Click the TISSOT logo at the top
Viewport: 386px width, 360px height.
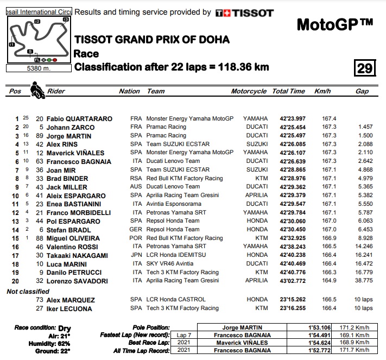tap(244, 12)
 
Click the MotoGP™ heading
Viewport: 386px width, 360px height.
tap(335, 25)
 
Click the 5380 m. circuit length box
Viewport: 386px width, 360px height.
tap(37, 68)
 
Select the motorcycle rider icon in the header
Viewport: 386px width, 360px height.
tap(37, 90)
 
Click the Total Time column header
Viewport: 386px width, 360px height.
tap(288, 92)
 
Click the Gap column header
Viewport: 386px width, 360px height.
tap(362, 92)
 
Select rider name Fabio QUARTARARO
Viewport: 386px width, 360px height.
tap(79, 118)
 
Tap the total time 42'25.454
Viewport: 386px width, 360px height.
tap(292, 127)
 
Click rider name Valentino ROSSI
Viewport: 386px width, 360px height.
tap(73, 247)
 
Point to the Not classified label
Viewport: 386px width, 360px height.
tap(28, 291)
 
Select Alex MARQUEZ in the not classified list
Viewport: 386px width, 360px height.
tap(71, 300)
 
